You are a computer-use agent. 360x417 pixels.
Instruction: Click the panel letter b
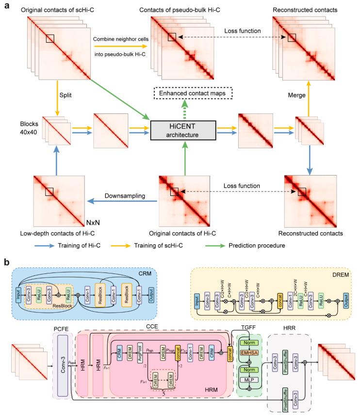6,261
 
